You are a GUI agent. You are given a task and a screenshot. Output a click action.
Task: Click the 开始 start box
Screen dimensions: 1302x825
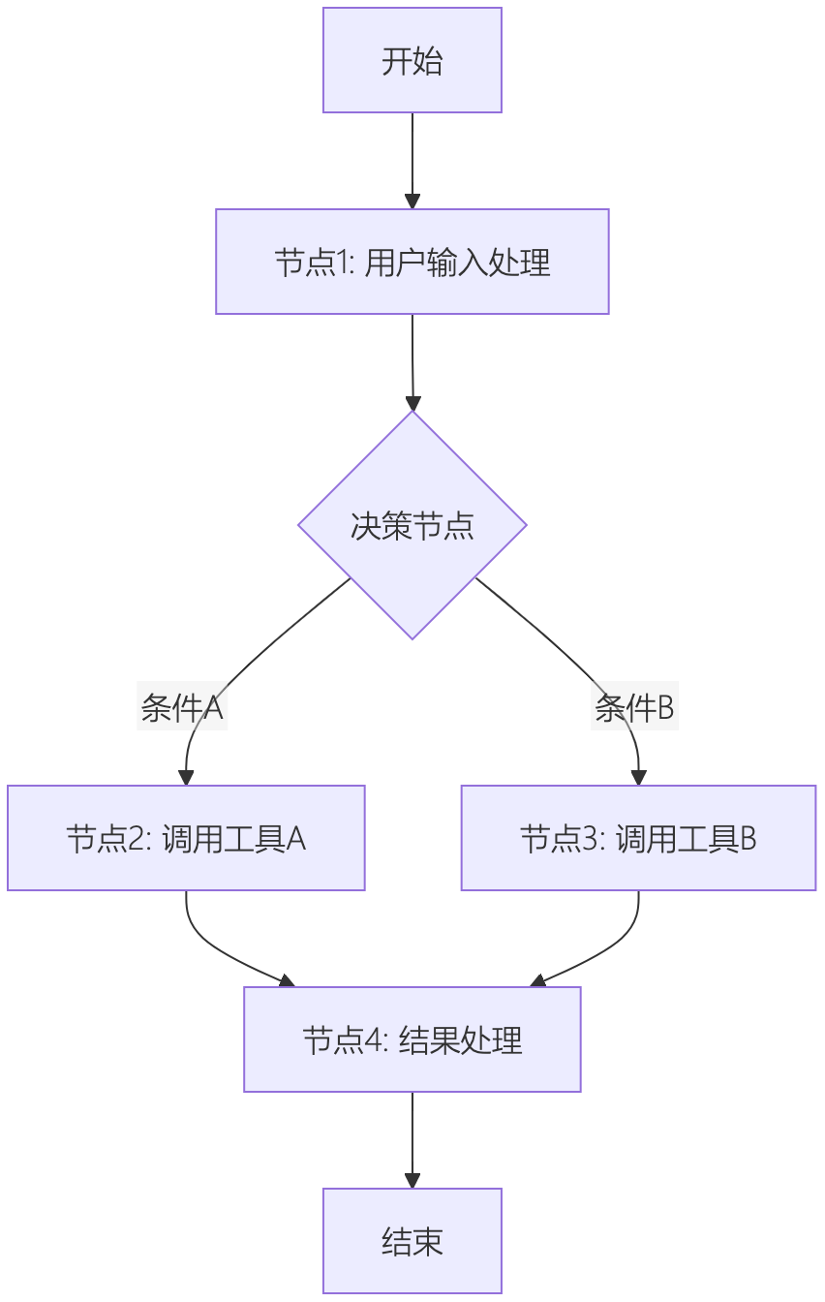[x=412, y=60]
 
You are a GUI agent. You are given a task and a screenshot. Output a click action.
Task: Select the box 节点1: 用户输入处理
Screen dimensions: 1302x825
[x=412, y=262]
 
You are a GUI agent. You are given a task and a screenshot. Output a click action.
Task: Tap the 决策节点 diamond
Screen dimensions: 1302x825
[x=412, y=525]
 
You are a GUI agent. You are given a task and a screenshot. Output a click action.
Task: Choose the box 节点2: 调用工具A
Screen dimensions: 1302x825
[x=186, y=838]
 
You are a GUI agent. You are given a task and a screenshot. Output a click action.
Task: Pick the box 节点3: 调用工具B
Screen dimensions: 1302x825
[x=638, y=838]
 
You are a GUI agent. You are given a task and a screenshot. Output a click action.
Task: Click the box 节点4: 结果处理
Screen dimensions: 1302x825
[x=412, y=1039]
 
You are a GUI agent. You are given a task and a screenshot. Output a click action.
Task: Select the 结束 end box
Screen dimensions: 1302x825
[x=412, y=1241]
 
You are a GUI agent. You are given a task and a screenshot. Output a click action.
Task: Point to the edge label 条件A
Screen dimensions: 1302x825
[x=182, y=709]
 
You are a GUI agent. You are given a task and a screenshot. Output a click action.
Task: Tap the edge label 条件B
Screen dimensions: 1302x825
[x=634, y=709]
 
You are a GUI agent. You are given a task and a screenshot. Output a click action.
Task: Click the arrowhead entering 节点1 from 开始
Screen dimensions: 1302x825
[x=412, y=201]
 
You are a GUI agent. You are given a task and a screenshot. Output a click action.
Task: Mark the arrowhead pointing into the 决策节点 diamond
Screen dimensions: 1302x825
[x=412, y=403]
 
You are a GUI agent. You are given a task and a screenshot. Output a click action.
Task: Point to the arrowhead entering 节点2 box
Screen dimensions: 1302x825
[x=186, y=777]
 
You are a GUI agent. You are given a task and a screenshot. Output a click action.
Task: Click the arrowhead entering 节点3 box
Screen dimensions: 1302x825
[x=638, y=777]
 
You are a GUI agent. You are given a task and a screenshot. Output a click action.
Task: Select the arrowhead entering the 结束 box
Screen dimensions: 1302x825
[x=412, y=1181]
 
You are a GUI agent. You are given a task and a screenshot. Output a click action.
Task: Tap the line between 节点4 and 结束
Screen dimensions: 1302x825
[x=412, y=1133]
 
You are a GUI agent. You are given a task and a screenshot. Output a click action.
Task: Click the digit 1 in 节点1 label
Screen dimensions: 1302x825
[x=344, y=263]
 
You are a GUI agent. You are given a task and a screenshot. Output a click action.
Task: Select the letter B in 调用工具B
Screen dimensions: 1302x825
[x=747, y=839]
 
